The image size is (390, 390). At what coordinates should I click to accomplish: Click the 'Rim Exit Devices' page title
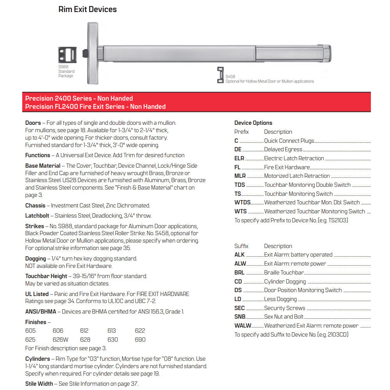point(87,9)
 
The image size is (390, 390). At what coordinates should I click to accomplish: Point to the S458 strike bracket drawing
point(220,75)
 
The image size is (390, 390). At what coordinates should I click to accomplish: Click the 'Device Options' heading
point(253,123)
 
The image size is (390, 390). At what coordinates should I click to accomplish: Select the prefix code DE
point(238,149)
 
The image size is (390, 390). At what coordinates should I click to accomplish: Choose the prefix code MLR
point(240,176)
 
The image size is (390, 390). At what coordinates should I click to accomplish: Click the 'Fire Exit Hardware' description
point(287,167)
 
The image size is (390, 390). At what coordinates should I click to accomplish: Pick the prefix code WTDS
point(243,202)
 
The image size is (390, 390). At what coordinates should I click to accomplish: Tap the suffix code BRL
point(239,273)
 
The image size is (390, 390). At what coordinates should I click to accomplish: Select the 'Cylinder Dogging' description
point(285,282)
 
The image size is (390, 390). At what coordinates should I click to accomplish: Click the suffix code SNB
point(240,317)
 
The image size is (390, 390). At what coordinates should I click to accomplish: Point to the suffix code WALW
point(243,326)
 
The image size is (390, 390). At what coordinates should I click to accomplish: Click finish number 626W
point(60,340)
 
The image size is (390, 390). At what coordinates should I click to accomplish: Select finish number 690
point(140,340)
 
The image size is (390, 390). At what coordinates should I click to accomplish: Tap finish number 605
point(30,331)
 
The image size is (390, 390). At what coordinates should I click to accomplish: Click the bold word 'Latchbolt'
point(38,216)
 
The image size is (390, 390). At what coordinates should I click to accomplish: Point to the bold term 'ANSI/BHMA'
point(41,311)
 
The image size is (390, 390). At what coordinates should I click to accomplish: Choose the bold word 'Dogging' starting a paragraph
point(35,259)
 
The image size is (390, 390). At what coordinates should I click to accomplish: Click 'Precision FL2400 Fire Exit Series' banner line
point(95,106)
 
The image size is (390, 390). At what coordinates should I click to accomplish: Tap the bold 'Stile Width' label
point(39,384)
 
